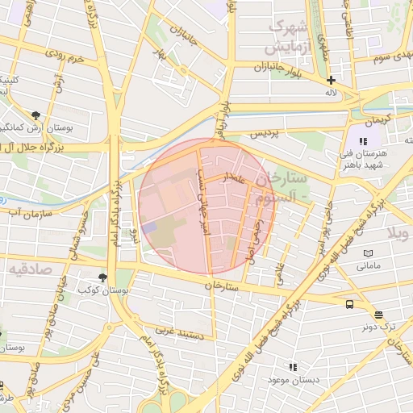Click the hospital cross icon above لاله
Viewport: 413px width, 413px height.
331,80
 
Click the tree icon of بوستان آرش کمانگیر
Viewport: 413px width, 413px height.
35,115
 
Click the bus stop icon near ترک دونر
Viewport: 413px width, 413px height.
349,304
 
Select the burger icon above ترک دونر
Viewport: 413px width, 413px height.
378,315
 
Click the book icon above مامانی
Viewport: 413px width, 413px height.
368,252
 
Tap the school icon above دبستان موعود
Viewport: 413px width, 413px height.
293,367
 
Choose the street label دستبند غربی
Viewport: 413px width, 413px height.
176,331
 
